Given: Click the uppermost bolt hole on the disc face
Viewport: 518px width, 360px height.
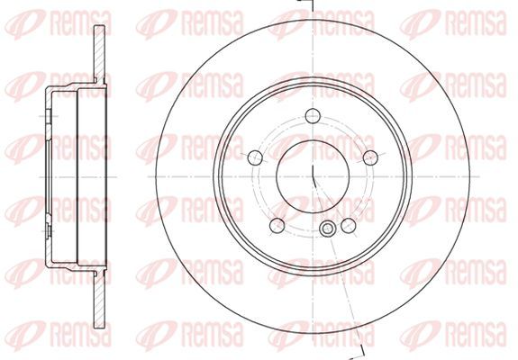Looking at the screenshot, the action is click(x=313, y=115).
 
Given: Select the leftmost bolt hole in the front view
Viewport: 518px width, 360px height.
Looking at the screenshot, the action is click(x=255, y=157).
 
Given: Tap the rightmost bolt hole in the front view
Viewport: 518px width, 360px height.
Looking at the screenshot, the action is click(x=370, y=157).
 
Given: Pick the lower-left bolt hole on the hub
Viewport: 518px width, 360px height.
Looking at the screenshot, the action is click(x=277, y=225).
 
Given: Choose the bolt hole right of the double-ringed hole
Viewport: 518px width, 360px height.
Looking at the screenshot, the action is click(x=349, y=225).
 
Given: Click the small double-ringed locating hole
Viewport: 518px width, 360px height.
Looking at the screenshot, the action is click(x=327, y=229).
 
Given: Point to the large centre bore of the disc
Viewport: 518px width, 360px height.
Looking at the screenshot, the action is click(x=313, y=176).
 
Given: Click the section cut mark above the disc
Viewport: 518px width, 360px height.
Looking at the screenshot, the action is click(x=305, y=4).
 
